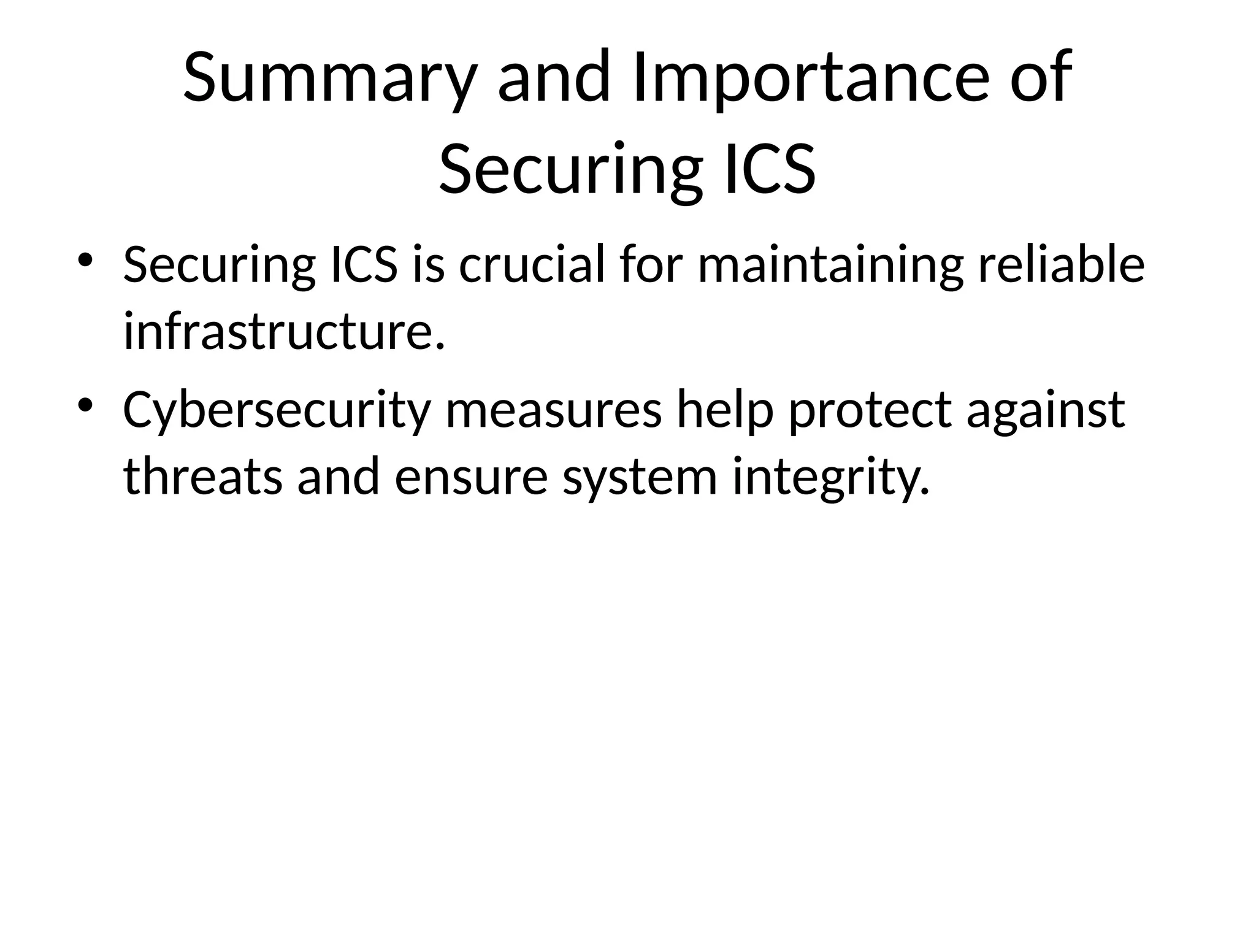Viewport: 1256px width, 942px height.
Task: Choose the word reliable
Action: tap(1061, 265)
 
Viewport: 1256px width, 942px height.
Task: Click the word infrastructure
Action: tap(283, 332)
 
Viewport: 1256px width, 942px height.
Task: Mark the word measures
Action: tap(554, 410)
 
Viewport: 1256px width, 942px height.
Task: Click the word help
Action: tap(724, 410)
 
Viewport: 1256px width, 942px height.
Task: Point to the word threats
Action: tap(203, 477)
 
